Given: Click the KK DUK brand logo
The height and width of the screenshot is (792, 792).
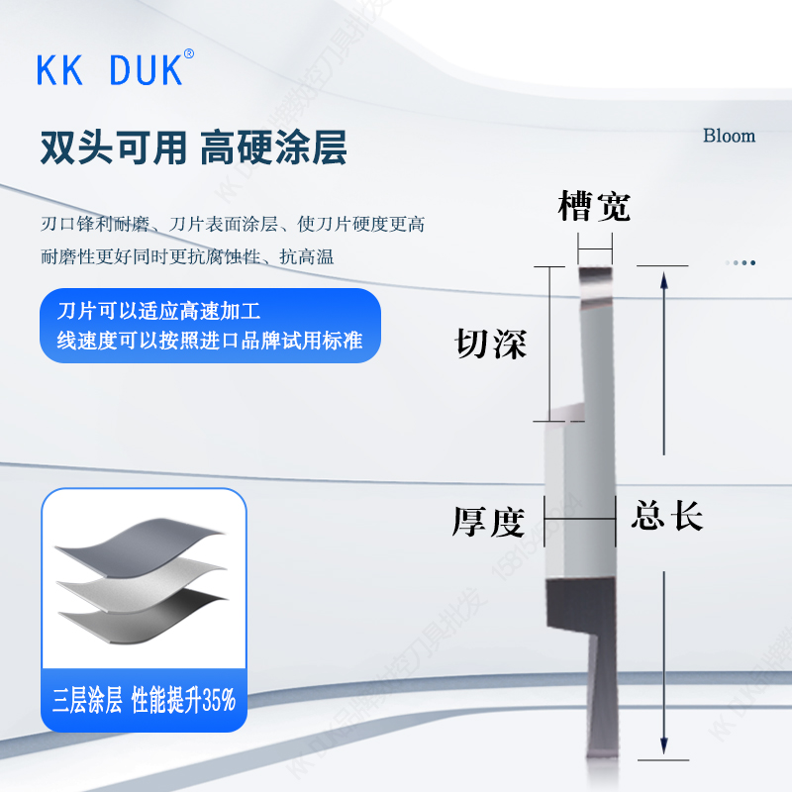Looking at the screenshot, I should (x=109, y=70).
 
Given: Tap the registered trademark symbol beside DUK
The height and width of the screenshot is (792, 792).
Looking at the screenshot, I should (x=189, y=53).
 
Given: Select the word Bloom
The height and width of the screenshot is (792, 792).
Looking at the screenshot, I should (x=729, y=136).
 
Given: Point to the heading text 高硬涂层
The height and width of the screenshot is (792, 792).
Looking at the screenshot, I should (x=273, y=148).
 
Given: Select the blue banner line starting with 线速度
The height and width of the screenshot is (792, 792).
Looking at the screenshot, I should (x=209, y=341).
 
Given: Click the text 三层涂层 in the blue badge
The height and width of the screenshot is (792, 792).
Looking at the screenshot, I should (x=87, y=702).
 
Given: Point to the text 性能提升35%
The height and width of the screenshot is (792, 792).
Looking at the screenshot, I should (x=183, y=702).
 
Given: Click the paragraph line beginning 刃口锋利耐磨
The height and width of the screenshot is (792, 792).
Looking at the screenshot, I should (x=233, y=225).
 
